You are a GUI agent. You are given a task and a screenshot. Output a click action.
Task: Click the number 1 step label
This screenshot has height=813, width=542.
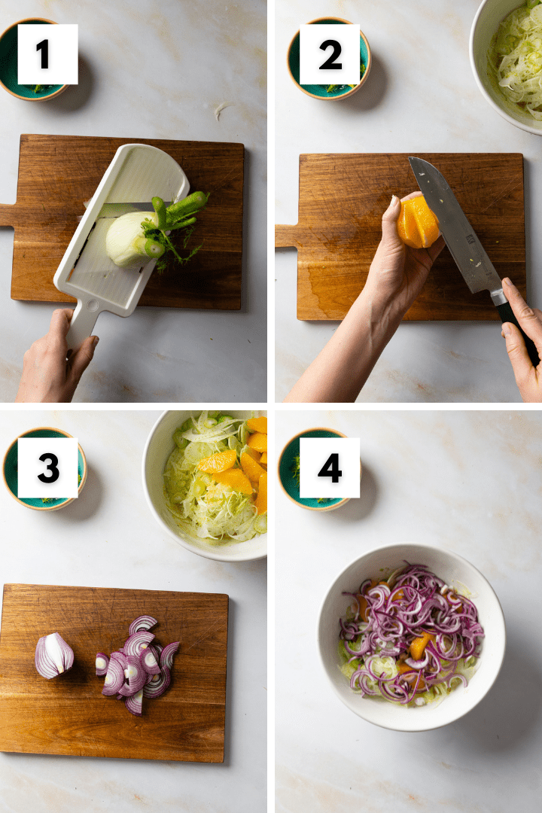click(47, 54)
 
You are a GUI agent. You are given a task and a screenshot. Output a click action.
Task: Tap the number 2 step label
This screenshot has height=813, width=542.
click(330, 54)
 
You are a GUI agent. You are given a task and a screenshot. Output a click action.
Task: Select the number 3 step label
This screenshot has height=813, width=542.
click(47, 467)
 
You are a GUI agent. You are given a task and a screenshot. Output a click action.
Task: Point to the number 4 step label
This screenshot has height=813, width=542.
click(330, 467)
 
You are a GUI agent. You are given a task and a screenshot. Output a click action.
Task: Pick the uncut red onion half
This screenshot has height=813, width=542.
click(54, 656)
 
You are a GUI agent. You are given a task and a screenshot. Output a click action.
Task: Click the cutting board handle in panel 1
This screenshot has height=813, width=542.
click(8, 215)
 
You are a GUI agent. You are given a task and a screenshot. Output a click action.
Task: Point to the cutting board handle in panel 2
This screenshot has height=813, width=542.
click(287, 236)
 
